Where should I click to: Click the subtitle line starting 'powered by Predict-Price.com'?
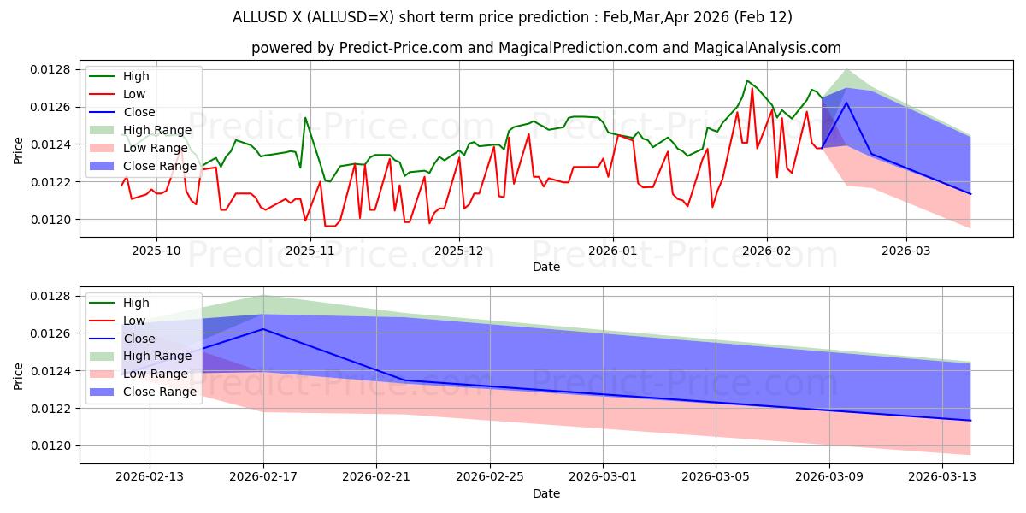tap(545, 49)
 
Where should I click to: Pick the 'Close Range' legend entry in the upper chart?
tap(151, 166)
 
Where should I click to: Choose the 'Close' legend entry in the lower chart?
tap(139, 339)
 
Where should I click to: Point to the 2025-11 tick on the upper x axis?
tap(310, 251)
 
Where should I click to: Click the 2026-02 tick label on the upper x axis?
tap(767, 251)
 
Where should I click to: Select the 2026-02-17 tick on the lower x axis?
tap(263, 477)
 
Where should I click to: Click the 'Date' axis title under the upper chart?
tap(546, 267)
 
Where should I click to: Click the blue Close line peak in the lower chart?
tap(263, 329)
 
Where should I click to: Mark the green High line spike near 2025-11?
tap(305, 118)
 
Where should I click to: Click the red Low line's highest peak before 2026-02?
tap(752, 88)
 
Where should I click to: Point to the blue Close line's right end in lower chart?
tap(970, 421)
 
